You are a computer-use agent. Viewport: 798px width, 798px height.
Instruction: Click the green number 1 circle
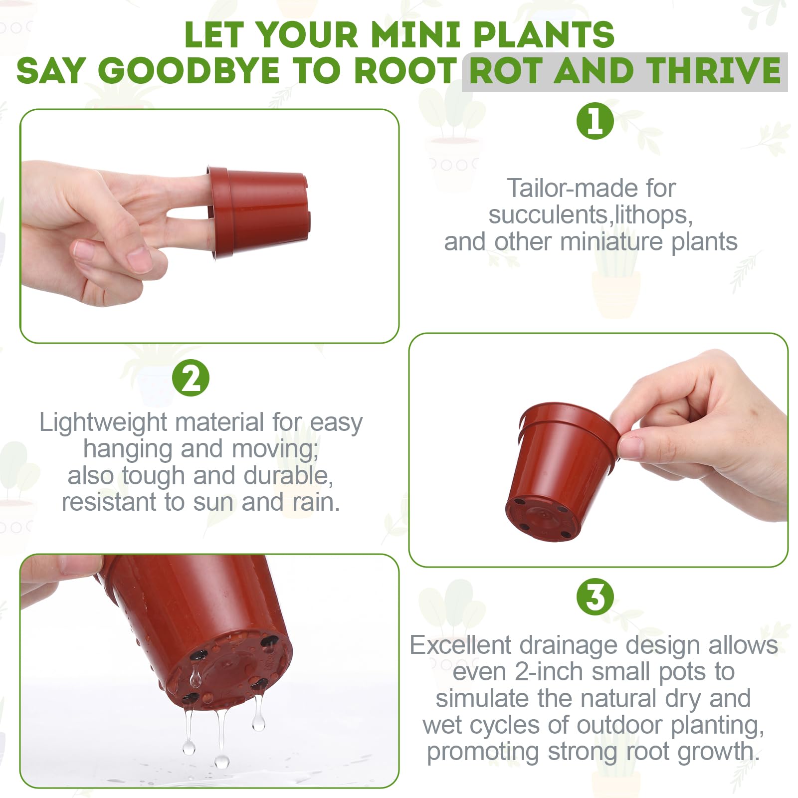[595, 121]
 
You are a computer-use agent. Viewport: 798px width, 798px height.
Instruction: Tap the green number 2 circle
[191, 378]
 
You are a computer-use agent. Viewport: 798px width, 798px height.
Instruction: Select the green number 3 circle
[595, 597]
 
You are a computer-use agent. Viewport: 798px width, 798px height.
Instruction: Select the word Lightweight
[103, 423]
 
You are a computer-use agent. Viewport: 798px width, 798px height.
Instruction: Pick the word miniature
[612, 242]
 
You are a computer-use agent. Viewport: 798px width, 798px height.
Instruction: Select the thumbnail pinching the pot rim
[629, 445]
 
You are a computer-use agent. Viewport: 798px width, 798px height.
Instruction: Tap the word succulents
[549, 215]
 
